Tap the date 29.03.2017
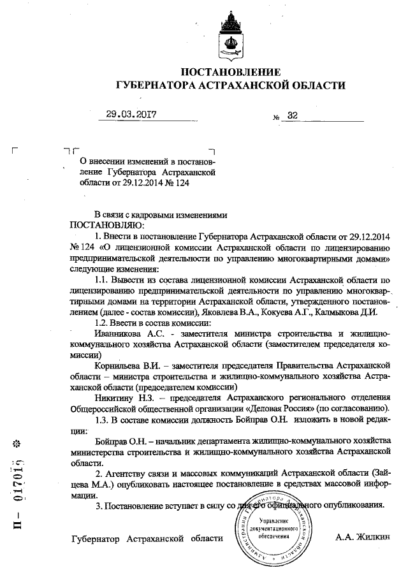tap(131, 115)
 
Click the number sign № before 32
tap(276, 118)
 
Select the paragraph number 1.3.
tap(102, 419)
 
